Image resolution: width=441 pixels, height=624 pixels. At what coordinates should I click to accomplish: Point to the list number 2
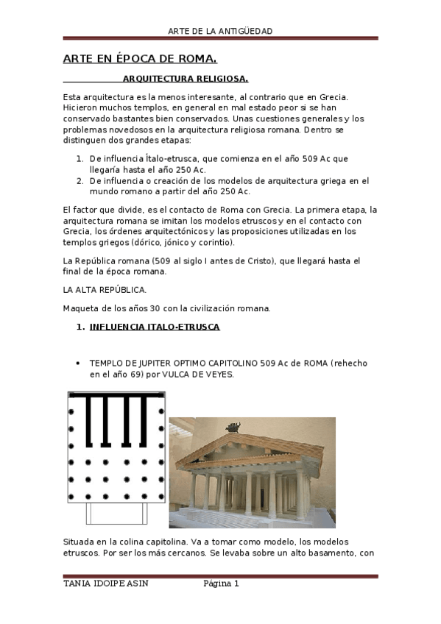pos(80,180)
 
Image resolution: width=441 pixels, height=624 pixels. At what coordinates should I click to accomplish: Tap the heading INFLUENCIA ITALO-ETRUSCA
pos(154,326)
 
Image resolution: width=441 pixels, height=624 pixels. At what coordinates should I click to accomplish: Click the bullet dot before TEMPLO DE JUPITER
pos(78,364)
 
